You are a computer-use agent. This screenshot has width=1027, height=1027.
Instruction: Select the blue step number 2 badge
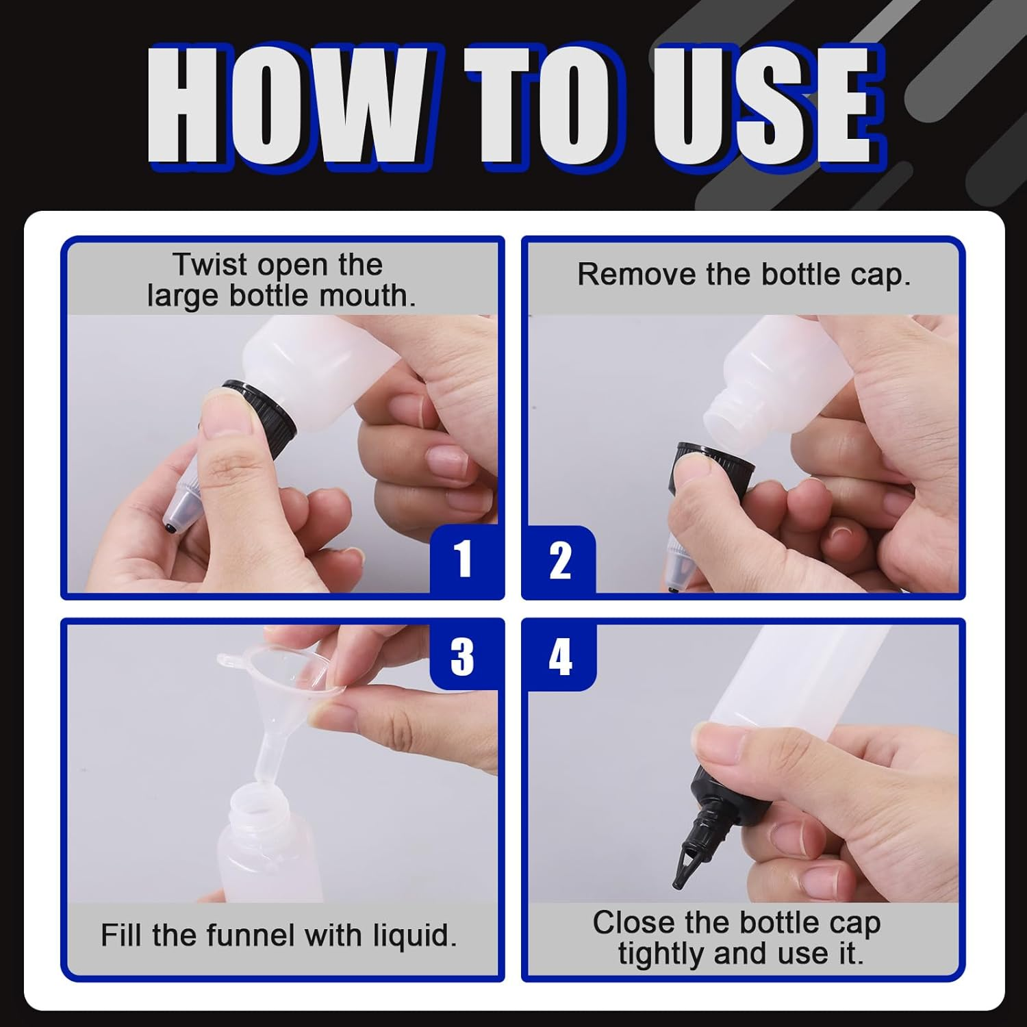click(560, 560)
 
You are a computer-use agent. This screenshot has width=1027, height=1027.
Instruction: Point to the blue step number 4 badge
click(560, 656)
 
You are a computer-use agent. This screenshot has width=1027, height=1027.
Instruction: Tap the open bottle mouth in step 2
click(726, 414)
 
